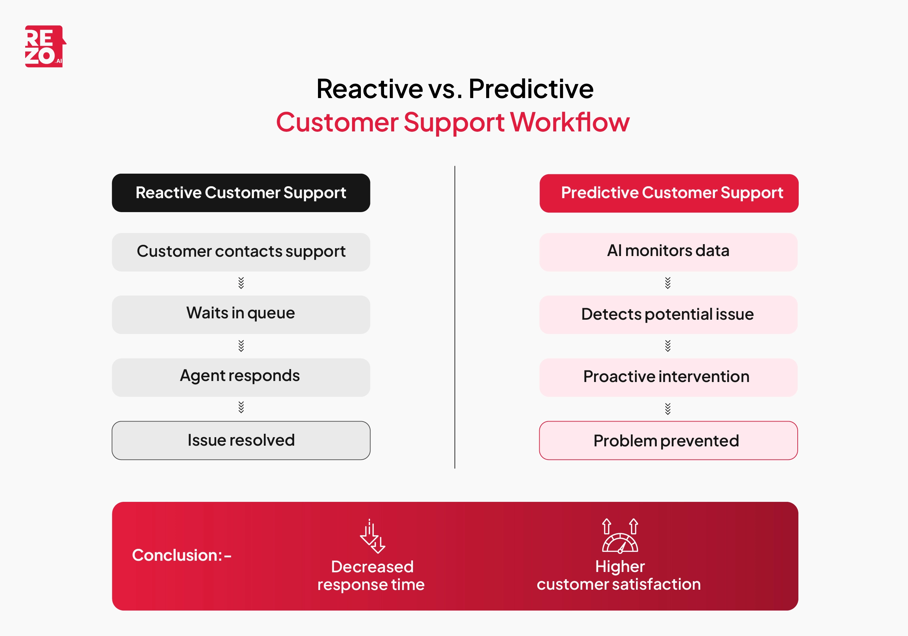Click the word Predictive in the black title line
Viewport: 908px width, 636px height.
531,89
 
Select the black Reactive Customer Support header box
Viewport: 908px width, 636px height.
241,193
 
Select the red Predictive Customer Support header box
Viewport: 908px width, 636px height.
669,193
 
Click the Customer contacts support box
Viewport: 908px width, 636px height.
241,252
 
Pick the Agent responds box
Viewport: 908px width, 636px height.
241,377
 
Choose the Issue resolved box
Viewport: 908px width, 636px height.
241,440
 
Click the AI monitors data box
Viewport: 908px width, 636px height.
668,252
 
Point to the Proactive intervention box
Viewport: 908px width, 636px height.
668,377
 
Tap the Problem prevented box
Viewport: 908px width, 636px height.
668,440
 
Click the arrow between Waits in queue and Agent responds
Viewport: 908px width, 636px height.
241,346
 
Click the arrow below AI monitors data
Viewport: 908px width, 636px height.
668,283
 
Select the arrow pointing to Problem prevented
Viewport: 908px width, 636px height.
668,409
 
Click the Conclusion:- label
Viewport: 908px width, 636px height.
181,555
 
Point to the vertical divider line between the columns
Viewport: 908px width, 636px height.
455,316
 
